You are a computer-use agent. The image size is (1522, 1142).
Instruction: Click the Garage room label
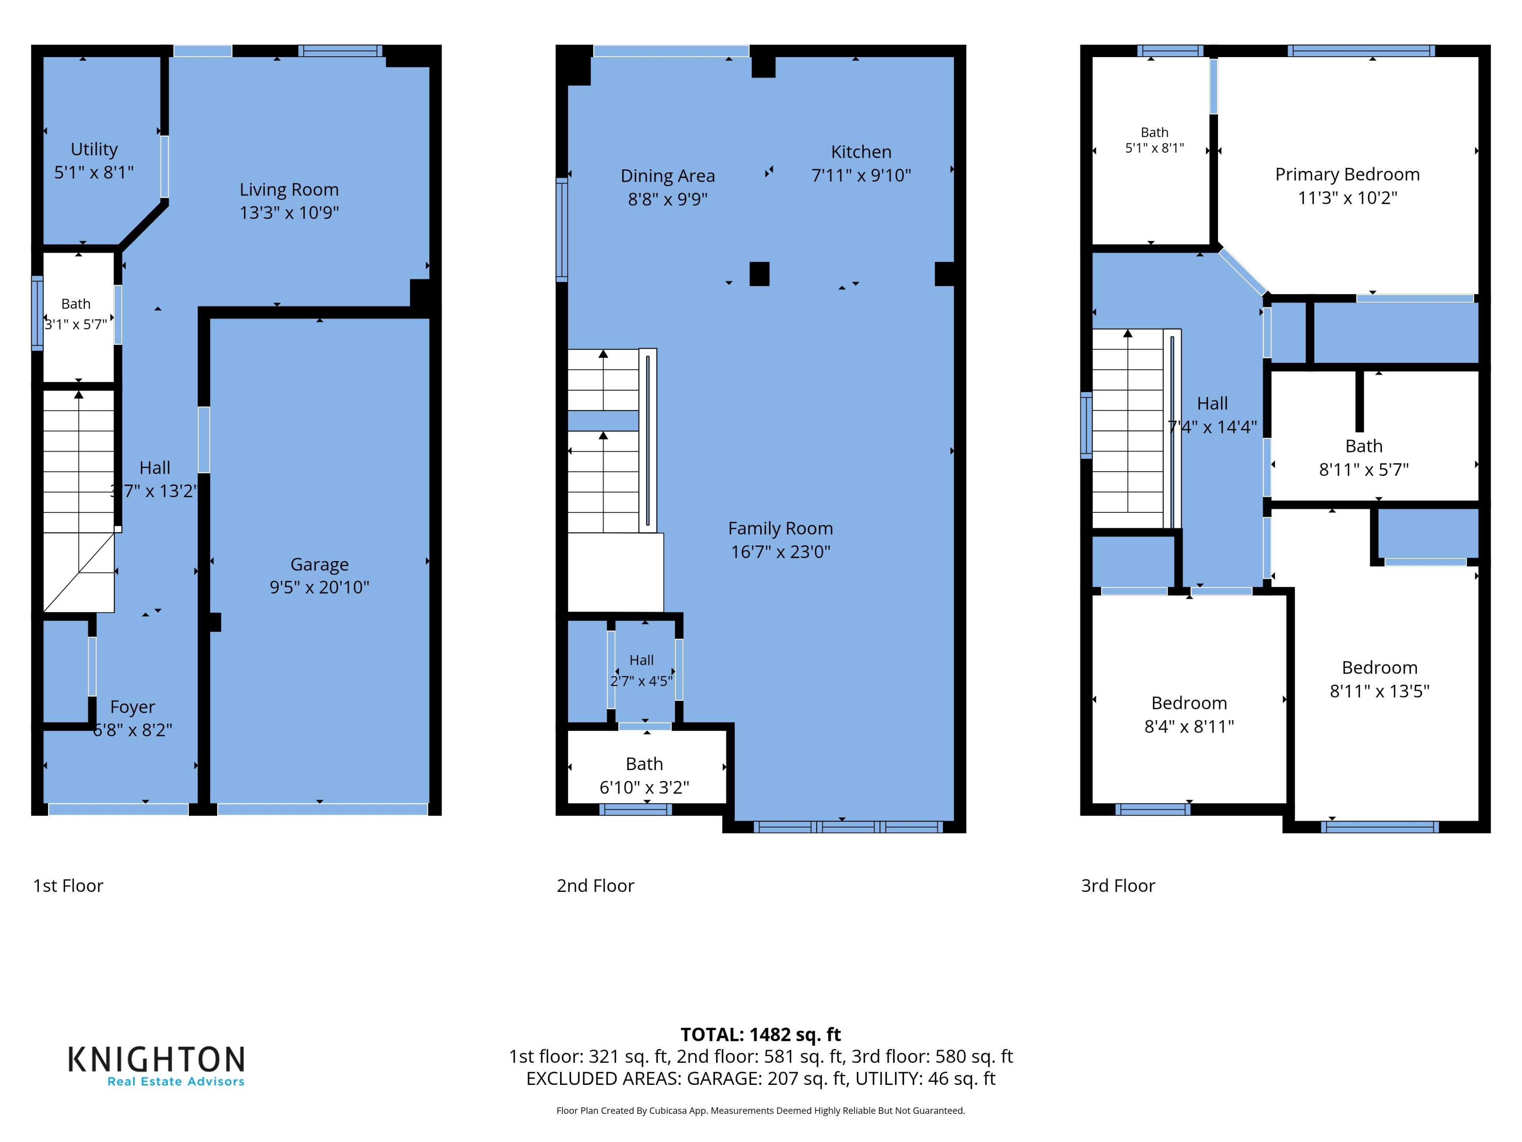point(319,565)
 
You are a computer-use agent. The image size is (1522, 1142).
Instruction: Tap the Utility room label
point(94,149)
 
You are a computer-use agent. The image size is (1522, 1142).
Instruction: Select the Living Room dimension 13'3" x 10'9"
point(289,213)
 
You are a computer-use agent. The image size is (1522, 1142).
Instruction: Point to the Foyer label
point(133,707)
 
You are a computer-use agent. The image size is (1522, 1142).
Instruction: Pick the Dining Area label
point(667,176)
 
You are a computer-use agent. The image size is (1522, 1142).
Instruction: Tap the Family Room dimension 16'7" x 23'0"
point(780,552)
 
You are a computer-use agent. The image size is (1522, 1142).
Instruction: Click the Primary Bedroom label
point(1347,175)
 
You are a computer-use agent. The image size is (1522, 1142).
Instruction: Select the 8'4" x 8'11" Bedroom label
point(1189,715)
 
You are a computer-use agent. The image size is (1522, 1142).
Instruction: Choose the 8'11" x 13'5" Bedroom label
point(1380,679)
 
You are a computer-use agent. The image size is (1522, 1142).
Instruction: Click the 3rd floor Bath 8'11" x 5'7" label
point(1364,458)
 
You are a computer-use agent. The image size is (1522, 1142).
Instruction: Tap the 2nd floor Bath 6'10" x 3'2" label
point(644,776)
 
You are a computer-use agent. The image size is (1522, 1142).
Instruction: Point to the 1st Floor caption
point(68,886)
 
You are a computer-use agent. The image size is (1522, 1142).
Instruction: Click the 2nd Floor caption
point(595,886)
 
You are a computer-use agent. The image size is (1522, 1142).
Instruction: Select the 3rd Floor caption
point(1118,886)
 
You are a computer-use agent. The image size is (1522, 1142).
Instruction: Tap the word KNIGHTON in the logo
point(156,1060)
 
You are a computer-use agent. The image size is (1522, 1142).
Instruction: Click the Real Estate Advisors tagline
point(176,1081)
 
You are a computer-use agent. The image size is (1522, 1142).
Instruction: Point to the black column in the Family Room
point(759,274)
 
